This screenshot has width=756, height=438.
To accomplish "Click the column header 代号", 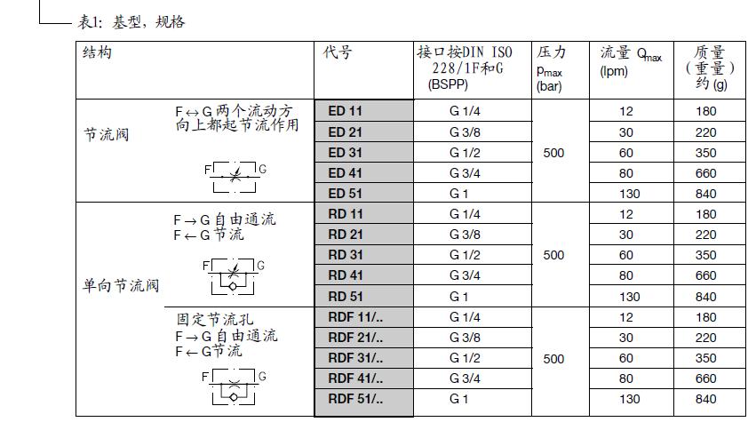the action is click(x=337, y=52).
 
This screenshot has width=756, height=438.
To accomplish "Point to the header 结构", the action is click(x=97, y=52).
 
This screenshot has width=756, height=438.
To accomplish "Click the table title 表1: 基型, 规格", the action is click(x=131, y=22).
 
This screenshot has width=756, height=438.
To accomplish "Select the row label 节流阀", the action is click(x=107, y=134).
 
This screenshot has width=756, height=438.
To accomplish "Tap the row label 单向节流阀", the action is click(x=121, y=285).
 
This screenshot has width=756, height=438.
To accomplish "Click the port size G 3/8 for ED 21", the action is click(x=465, y=132).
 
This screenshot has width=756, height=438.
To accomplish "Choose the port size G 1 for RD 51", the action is click(x=458, y=296).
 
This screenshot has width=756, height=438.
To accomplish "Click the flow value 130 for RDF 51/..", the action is click(x=629, y=399).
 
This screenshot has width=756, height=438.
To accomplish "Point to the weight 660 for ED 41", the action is click(x=705, y=173).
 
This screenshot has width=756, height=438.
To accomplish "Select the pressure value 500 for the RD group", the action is click(x=553, y=255).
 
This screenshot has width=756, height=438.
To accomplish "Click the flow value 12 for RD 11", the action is click(x=625, y=214).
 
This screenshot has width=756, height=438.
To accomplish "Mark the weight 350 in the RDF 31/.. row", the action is click(x=705, y=358).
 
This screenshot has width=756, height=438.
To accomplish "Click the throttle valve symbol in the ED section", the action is click(x=235, y=177).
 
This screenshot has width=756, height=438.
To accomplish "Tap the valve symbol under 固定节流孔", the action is click(x=234, y=387).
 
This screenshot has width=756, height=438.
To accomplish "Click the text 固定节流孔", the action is click(x=215, y=319).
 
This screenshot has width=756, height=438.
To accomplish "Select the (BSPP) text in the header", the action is click(x=448, y=84).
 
